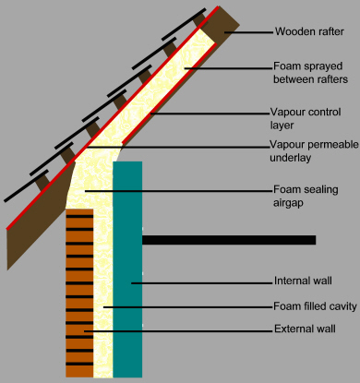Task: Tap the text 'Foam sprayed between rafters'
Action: [x=310, y=73]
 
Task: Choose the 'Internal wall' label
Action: [x=302, y=281]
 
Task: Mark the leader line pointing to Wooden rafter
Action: [x=247, y=31]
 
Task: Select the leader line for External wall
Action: [x=175, y=329]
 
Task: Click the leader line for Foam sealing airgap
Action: [x=175, y=190]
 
